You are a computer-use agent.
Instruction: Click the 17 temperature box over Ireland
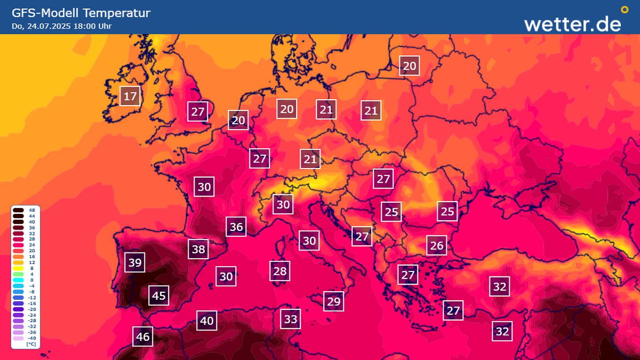coord(130,96)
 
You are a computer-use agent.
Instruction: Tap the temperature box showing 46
coord(143,336)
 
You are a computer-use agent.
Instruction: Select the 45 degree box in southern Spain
coord(159,295)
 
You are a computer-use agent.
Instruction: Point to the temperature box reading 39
coord(135,263)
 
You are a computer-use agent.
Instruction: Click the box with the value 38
coord(198,249)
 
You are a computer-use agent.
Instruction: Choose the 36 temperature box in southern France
coord(236,227)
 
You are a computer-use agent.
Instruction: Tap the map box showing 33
coord(291,319)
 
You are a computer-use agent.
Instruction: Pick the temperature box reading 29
coord(334,301)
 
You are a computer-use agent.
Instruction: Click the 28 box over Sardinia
coord(280,271)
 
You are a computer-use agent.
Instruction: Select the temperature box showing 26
coord(436,245)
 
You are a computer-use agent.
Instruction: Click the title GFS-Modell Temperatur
coord(81,13)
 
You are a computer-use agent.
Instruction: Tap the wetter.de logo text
coord(572,24)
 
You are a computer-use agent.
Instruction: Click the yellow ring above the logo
coord(624,9)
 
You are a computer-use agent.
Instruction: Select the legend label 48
coord(32,210)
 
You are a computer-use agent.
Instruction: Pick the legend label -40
coord(32,338)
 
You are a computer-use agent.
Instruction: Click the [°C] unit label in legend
coord(31,344)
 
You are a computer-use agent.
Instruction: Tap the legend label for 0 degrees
coord(32,280)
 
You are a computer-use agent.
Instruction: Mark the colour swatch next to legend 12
coord(18,263)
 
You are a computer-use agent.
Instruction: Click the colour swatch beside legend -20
coord(18,309)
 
